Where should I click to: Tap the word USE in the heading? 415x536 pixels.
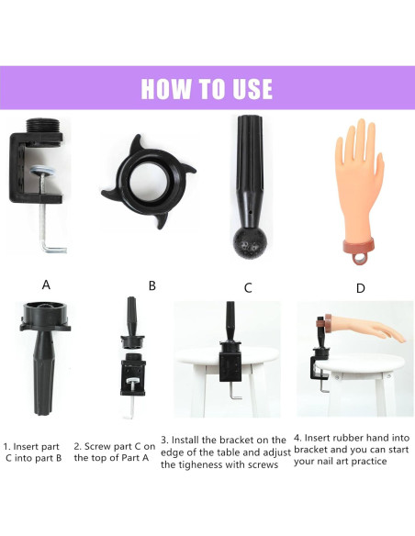click(x=249, y=88)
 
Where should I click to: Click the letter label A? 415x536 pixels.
click(x=46, y=285)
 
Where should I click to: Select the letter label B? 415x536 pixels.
click(x=151, y=285)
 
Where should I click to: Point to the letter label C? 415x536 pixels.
click(x=248, y=287)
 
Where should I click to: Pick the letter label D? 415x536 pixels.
click(x=360, y=288)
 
